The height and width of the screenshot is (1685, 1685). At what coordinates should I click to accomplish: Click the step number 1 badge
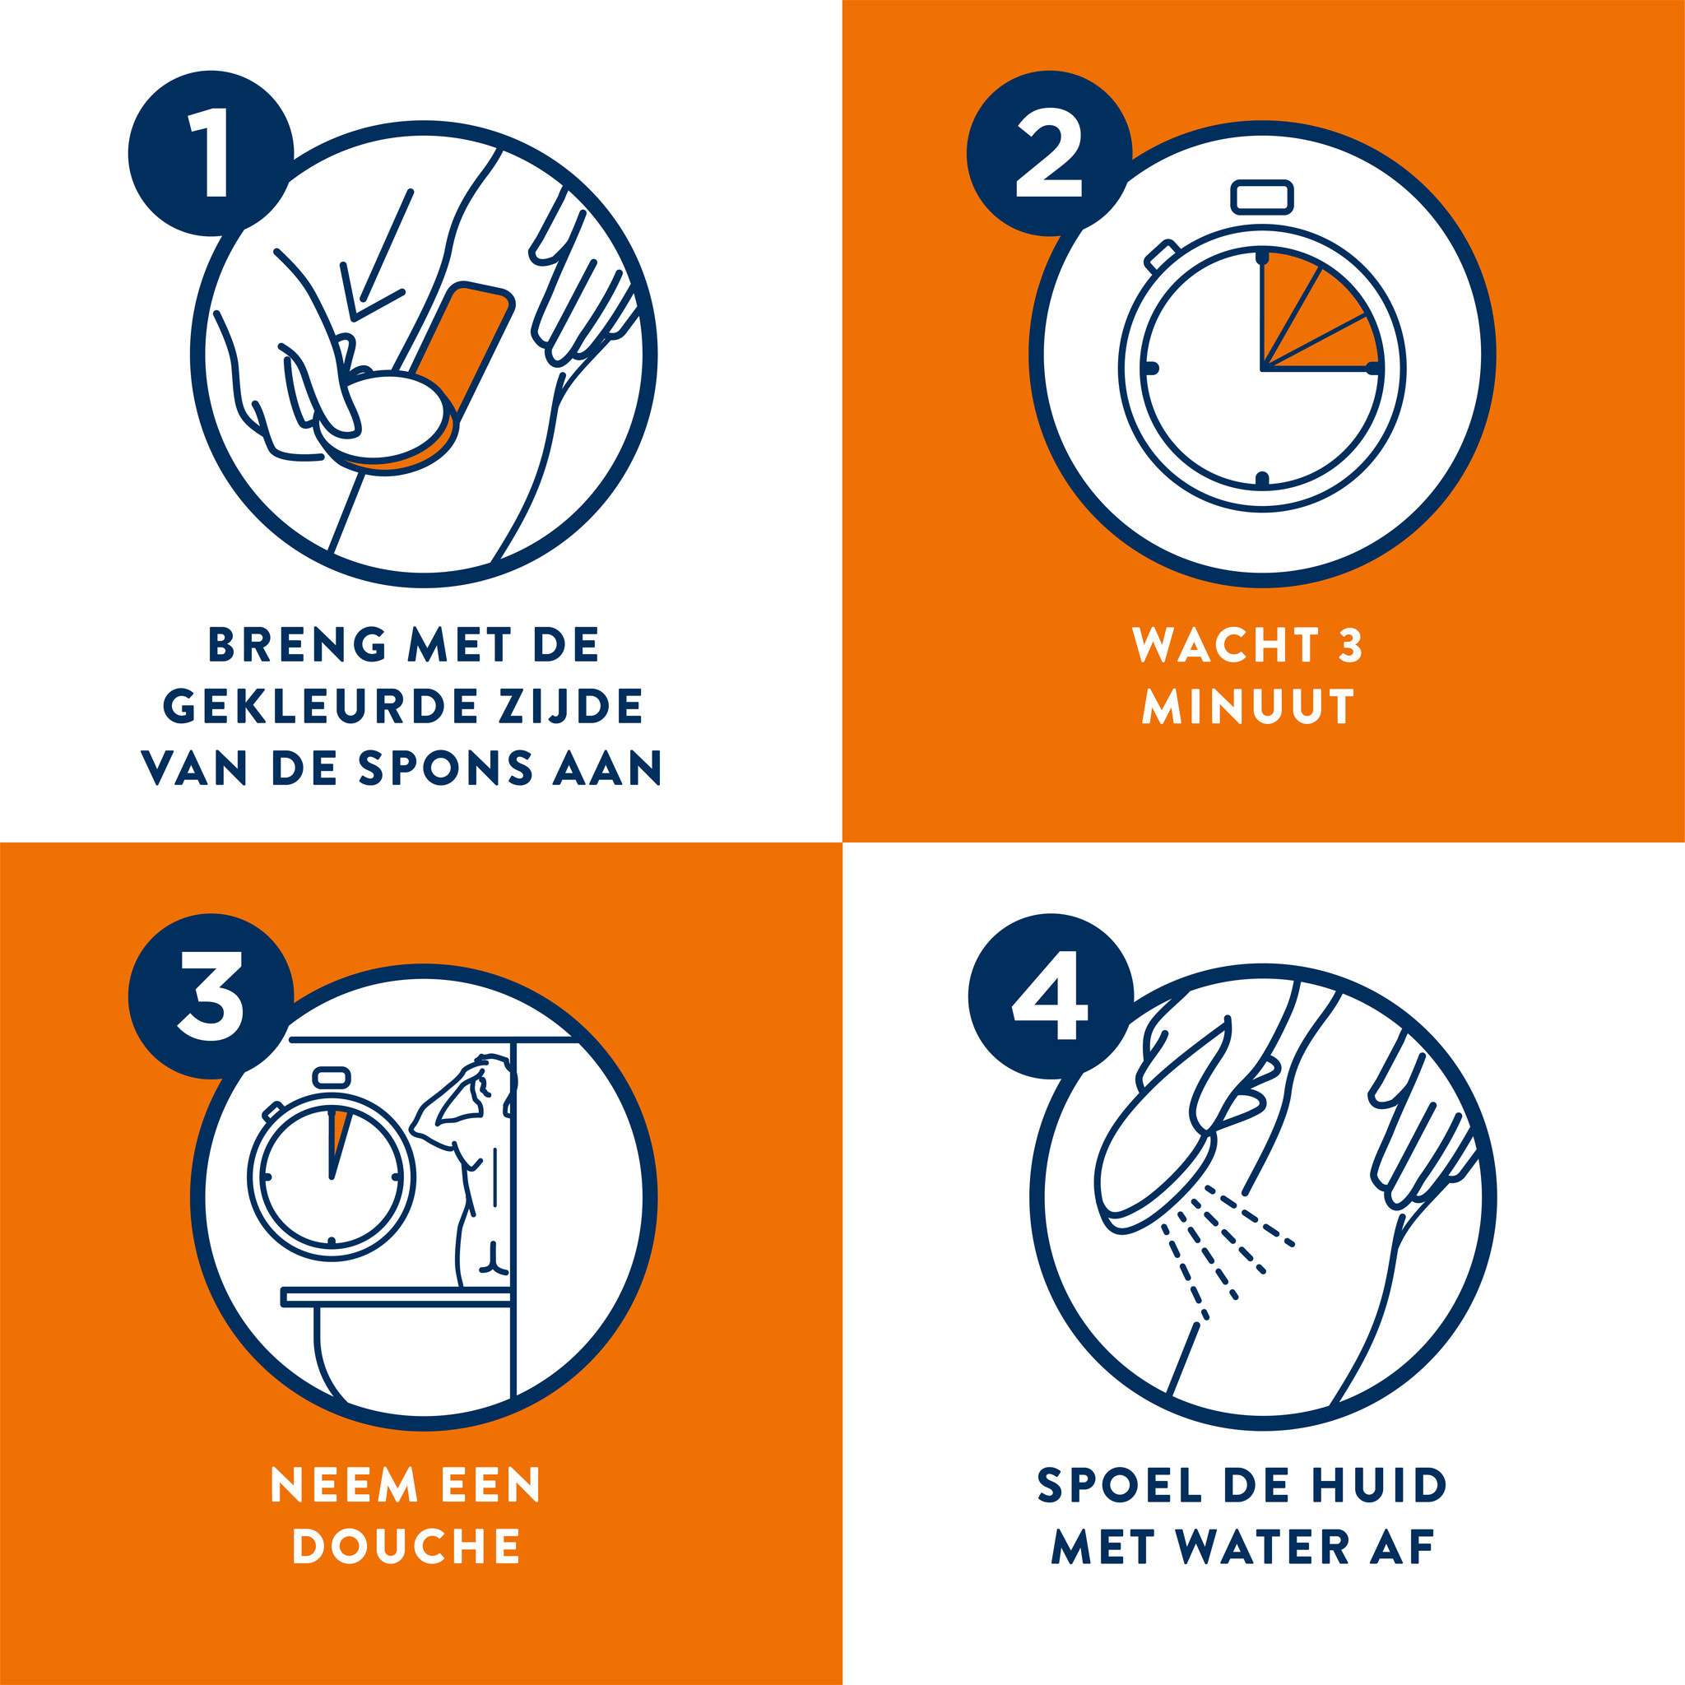point(210,153)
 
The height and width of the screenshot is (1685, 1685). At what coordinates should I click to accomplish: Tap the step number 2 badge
point(1049,153)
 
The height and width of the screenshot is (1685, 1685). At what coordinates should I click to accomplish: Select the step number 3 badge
point(210,996)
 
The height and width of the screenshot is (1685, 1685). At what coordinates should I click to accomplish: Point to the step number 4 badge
point(1050,996)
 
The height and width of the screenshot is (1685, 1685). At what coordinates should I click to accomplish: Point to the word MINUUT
point(1248,707)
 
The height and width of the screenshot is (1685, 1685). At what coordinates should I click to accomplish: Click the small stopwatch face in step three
point(332,1177)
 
